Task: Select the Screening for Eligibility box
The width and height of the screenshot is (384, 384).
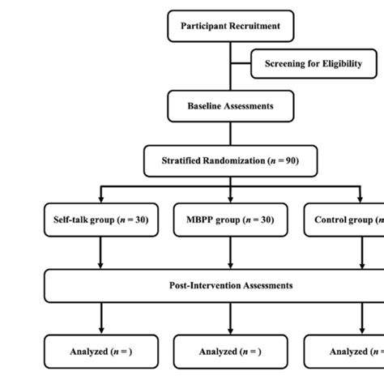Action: (313, 63)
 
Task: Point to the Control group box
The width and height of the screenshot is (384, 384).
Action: (344, 220)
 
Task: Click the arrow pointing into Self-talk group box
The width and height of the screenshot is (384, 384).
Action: (100, 196)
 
